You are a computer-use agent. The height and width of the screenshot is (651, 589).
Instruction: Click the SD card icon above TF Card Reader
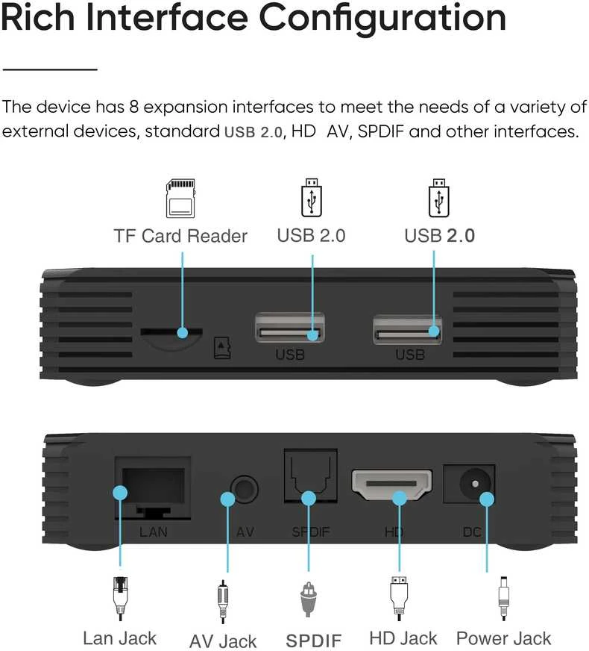pyautogui.click(x=180, y=199)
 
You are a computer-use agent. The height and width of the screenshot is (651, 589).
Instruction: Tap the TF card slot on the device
pyautogui.click(x=171, y=331)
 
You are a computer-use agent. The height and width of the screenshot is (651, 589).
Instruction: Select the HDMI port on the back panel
pyautogui.click(x=391, y=485)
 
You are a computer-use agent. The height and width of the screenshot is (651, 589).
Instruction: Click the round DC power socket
pyautogui.click(x=475, y=484)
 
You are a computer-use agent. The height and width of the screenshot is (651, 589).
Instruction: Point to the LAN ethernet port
pyautogui.click(x=153, y=488)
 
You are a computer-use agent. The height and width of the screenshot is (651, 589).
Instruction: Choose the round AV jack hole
pyautogui.click(x=244, y=489)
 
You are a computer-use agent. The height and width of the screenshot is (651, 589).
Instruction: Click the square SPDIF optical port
pyautogui.click(x=310, y=476)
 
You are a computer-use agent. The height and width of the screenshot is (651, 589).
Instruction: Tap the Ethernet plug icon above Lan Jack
pyautogui.click(x=120, y=598)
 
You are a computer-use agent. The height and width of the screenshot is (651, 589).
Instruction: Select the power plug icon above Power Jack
pyautogui.click(x=503, y=598)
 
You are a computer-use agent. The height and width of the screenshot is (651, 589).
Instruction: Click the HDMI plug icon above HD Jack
pyautogui.click(x=399, y=598)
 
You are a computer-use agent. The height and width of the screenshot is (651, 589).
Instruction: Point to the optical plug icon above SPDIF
pyautogui.click(x=309, y=599)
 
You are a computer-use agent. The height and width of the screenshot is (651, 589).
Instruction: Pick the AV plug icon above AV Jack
pyautogui.click(x=223, y=601)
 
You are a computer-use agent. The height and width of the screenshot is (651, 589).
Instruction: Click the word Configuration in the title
pyautogui.click(x=382, y=19)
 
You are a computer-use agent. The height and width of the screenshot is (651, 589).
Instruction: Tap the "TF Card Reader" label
pyautogui.click(x=180, y=236)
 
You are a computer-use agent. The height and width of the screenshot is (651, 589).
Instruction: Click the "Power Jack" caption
pyautogui.click(x=503, y=638)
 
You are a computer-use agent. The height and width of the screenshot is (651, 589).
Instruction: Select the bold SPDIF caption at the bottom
pyautogui.click(x=314, y=641)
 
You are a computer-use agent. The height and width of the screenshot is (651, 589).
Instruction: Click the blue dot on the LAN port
pyautogui.click(x=120, y=493)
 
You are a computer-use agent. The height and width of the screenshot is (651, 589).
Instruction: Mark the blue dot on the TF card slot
pyautogui.click(x=183, y=332)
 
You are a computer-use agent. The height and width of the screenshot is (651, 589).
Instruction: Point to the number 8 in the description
pyautogui.click(x=134, y=107)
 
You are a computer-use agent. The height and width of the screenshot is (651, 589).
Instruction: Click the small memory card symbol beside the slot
pyautogui.click(x=222, y=348)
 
